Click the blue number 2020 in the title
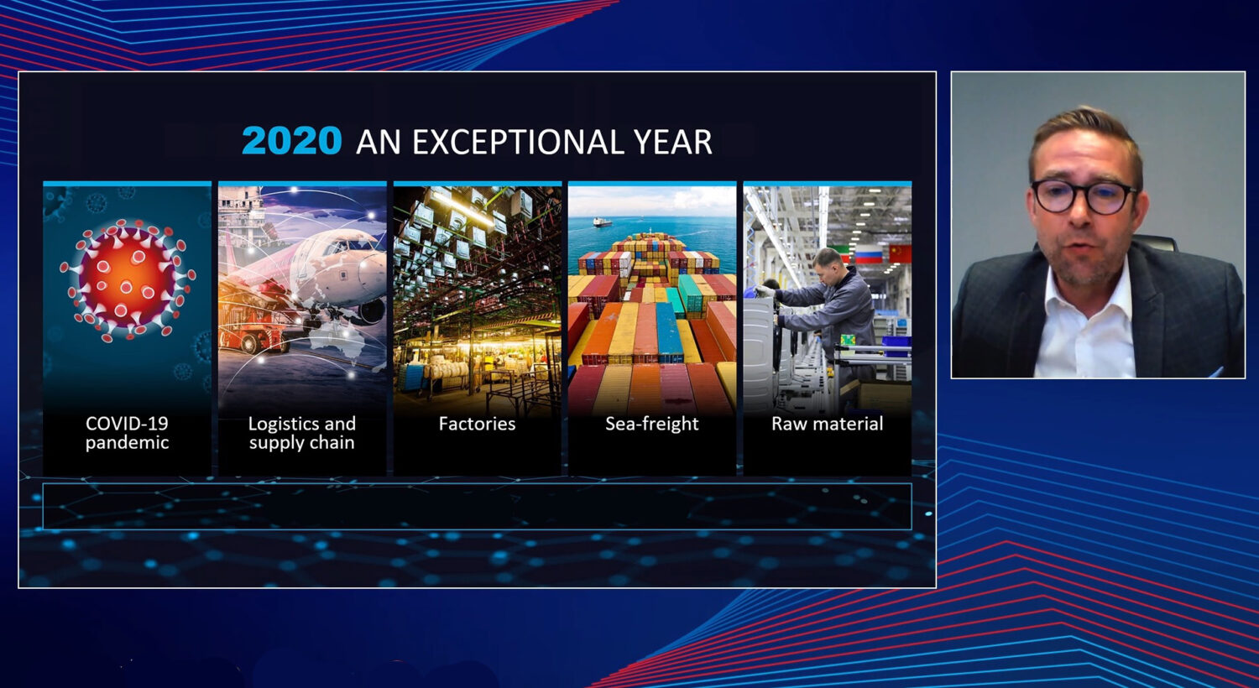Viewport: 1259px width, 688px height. (292, 140)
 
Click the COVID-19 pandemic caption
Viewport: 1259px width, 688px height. (127, 433)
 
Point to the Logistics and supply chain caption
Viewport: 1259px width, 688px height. (302, 433)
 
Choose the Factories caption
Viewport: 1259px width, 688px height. (478, 424)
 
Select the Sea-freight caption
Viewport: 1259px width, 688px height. (652, 424)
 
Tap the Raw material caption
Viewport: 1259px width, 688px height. (828, 424)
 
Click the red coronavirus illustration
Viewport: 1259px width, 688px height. (128, 279)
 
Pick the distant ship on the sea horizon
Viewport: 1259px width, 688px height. (603, 222)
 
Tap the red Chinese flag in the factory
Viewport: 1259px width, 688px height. (900, 253)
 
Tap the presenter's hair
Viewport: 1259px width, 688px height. (1084, 135)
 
